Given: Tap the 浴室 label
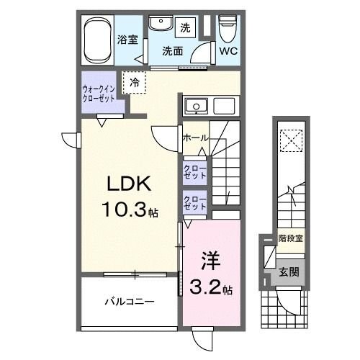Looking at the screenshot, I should pos(128,40).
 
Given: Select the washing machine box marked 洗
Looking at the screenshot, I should pos(185,29).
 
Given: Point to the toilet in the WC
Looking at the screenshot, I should pos(227,30).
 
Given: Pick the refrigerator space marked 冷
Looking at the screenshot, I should pos(133,83).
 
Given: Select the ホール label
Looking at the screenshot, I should pos(196,138).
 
